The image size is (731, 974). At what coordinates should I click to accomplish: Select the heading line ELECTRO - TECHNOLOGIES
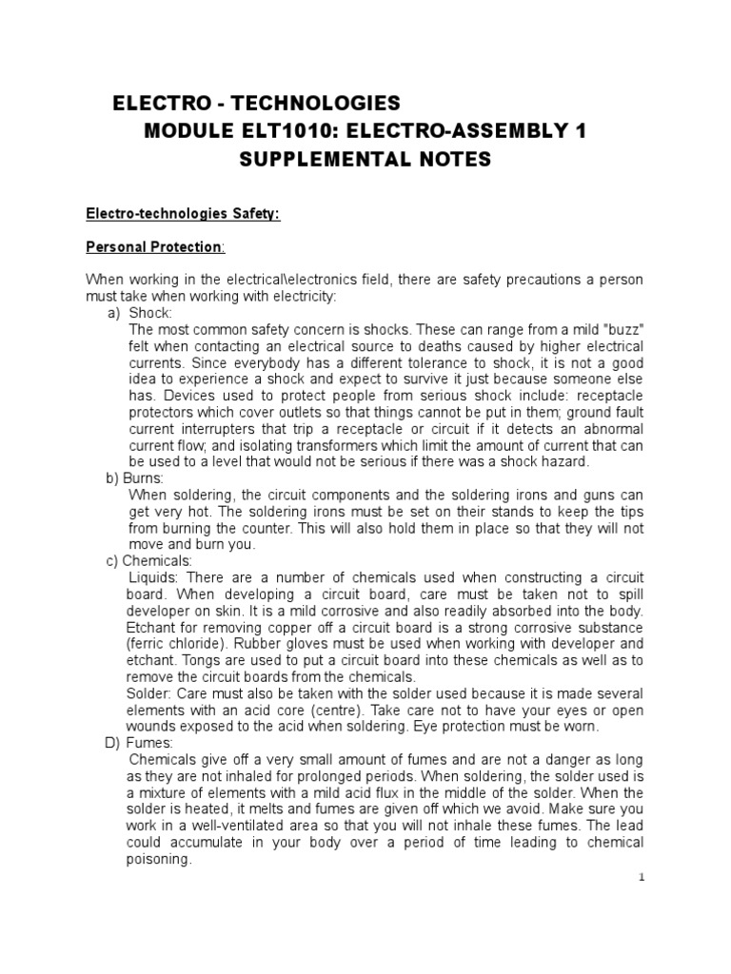tap(257, 103)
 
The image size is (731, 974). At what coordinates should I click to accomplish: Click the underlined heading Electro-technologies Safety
tap(183, 215)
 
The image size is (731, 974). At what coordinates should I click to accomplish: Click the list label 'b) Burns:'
tap(135, 477)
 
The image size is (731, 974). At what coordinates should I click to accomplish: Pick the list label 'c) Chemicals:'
tap(148, 561)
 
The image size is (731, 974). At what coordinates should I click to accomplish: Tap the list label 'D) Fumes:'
tap(139, 742)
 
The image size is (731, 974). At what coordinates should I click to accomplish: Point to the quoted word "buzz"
tap(618, 330)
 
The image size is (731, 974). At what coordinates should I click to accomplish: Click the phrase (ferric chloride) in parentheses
tap(179, 644)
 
